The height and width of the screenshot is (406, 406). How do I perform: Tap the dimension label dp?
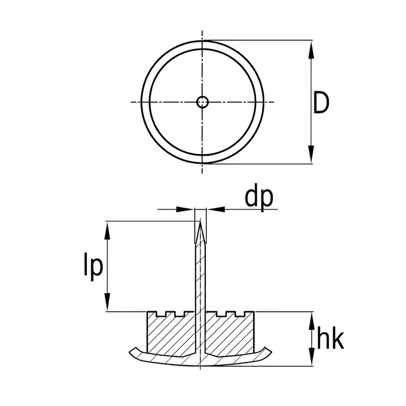259,198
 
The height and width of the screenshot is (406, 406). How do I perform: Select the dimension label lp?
93,267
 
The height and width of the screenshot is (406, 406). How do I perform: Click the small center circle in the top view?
202,102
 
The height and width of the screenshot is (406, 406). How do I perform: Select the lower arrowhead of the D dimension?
311,154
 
